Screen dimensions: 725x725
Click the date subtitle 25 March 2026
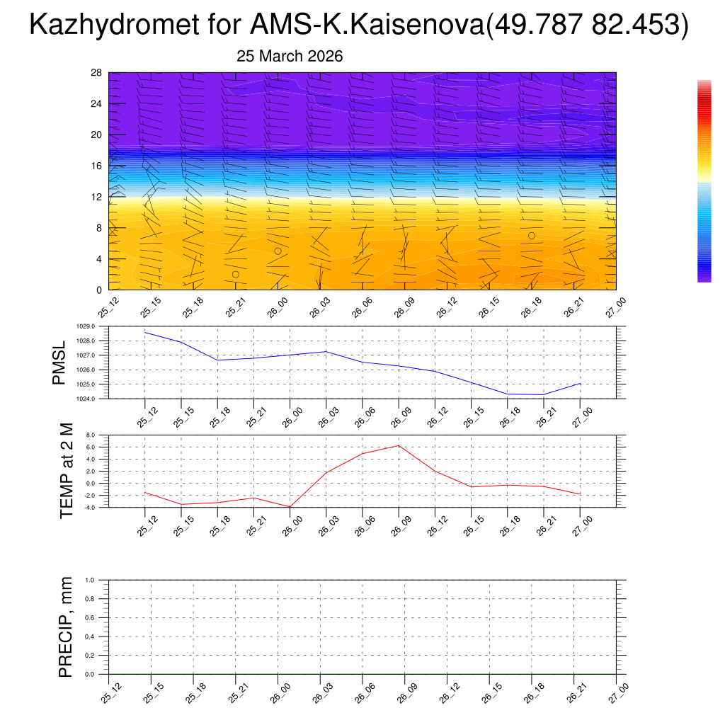[x=289, y=57]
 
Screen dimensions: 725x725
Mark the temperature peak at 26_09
[x=399, y=445]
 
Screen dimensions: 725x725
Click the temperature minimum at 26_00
[x=290, y=507]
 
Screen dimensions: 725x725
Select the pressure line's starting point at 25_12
[x=145, y=332]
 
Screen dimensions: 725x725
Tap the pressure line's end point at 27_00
[x=581, y=383]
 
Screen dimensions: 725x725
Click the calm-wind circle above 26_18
[x=531, y=236]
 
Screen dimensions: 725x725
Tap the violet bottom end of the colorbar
[x=704, y=278]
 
